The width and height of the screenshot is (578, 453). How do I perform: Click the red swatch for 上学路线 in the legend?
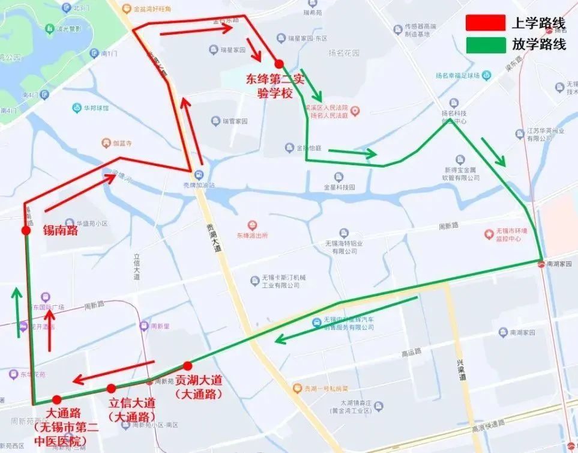pos(486,23)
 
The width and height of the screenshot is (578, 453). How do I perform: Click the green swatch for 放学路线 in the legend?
pos(486,45)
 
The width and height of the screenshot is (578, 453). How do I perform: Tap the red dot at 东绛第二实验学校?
pos(278,63)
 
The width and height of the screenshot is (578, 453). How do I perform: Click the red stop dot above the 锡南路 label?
pos(26,230)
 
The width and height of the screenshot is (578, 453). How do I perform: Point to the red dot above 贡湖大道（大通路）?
pos(187,365)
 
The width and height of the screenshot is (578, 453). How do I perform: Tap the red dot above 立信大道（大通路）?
pos(111,388)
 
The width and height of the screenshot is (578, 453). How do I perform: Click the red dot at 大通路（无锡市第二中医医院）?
pos(56,400)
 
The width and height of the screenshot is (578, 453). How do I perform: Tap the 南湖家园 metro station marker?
pos(541,263)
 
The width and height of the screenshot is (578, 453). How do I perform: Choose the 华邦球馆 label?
pos(96,108)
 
